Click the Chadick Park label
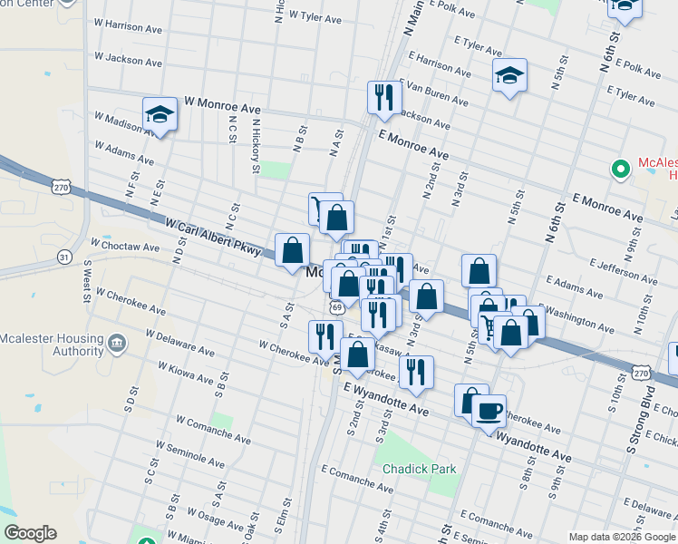419,469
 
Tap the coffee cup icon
489,412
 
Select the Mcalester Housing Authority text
53,345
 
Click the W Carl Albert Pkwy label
212,234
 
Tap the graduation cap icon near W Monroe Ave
160,115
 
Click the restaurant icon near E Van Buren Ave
383,97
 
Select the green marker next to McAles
621,169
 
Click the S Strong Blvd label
645,420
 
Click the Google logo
30,533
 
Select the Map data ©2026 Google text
622,537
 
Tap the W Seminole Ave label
198,458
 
